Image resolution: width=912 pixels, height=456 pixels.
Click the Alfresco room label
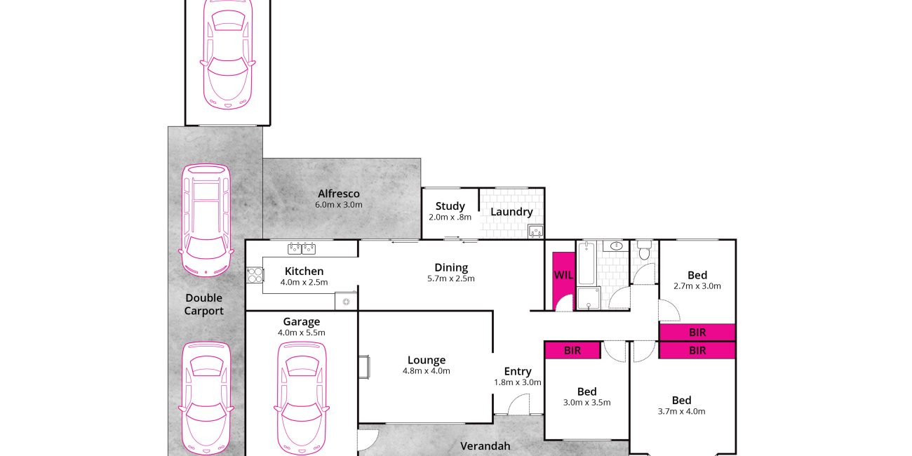click(x=339, y=194)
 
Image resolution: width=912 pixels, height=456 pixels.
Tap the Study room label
click(x=450, y=206)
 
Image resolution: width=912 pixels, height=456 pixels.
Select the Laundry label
click(x=511, y=212)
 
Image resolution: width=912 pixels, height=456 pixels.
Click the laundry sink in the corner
click(x=535, y=232)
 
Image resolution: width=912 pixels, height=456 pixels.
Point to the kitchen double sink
click(x=302, y=248)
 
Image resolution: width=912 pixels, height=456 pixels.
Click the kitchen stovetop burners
click(x=255, y=275)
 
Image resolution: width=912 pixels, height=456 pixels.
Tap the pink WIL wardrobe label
click(x=563, y=275)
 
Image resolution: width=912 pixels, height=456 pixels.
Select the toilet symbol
click(x=644, y=250)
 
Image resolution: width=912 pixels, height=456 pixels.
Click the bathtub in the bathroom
click(x=586, y=262)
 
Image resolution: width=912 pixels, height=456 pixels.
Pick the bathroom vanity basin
click(x=616, y=246)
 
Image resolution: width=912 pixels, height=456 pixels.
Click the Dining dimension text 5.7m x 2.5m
click(x=450, y=279)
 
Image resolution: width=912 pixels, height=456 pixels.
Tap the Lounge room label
click(x=427, y=360)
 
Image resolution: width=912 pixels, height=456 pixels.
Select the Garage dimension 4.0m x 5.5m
click(x=301, y=333)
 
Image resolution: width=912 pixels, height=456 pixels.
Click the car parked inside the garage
click(x=302, y=398)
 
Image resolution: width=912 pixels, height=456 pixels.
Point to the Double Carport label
click(x=203, y=304)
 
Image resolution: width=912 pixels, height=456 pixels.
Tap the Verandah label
click(x=485, y=445)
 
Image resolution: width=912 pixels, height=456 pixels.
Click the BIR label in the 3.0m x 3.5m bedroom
click(x=572, y=351)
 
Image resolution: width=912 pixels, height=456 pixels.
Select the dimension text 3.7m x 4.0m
click(x=682, y=411)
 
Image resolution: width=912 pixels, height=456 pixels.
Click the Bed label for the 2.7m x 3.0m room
click(x=697, y=275)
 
